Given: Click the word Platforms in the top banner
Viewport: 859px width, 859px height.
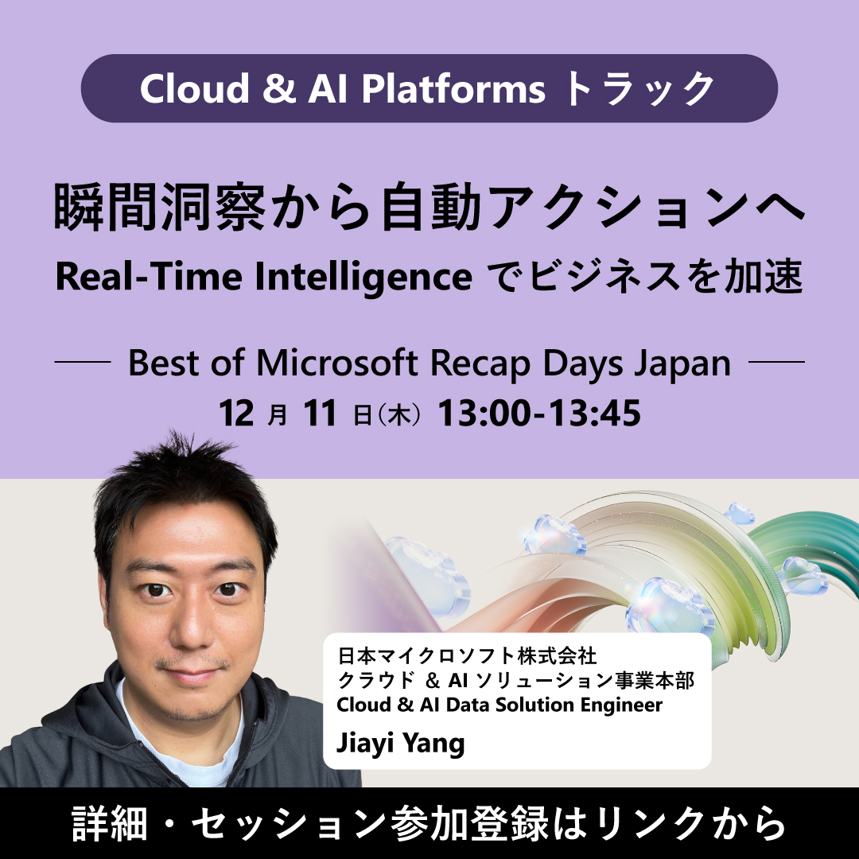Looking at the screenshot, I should pyautogui.click(x=455, y=89).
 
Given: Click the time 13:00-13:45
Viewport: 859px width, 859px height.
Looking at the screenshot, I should pyautogui.click(x=540, y=414).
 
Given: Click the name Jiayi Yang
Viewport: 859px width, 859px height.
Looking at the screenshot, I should pyautogui.click(x=400, y=744).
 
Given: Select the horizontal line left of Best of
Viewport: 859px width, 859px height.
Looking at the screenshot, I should pyautogui.click(x=81, y=363).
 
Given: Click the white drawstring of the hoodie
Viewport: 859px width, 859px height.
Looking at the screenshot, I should pyautogui.click(x=119, y=748).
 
